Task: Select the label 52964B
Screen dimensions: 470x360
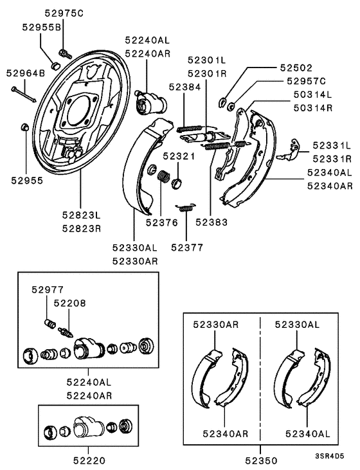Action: point(26,73)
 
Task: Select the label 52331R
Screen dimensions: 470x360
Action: point(331,158)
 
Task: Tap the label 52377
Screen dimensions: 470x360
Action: point(187,247)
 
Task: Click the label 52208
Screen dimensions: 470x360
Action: point(69,302)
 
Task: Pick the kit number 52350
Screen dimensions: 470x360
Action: point(260,460)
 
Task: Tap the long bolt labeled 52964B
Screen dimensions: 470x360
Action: point(23,93)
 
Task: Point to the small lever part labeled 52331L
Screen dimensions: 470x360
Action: point(291,149)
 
